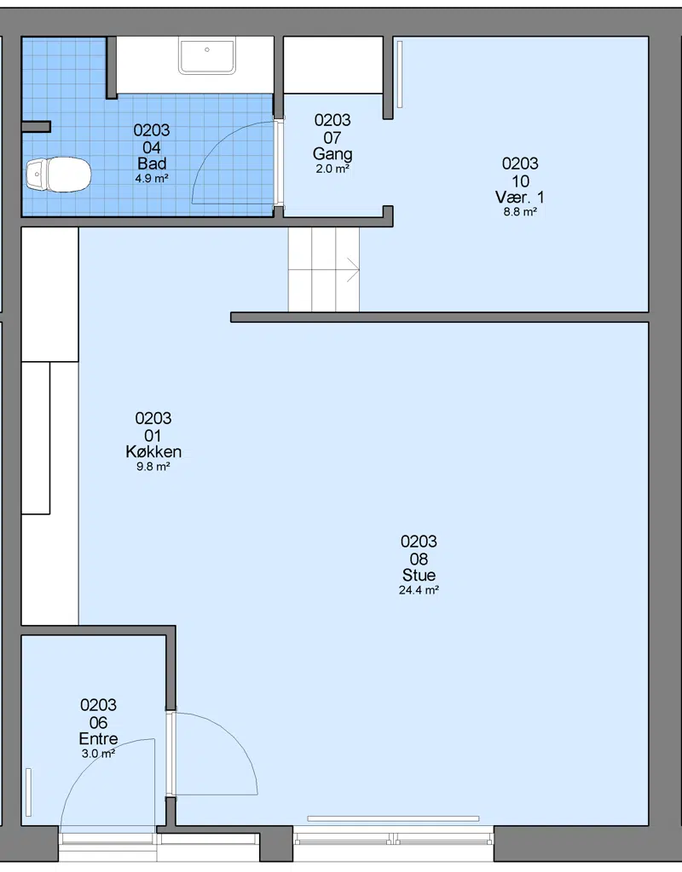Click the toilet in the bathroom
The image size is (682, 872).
click(59, 174)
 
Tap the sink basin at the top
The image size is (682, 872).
click(207, 55)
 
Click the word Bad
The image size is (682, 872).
click(152, 163)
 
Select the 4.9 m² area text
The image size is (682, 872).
click(152, 179)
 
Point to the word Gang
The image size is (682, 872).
click(332, 154)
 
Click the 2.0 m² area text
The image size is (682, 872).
click(332, 169)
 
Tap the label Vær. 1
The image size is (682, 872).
click(520, 197)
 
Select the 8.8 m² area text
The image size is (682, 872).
click(520, 212)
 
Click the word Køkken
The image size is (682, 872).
click(153, 451)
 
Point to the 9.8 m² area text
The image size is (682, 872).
click(153, 467)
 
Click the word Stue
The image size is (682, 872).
click(419, 575)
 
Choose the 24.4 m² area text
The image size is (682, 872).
click(419, 590)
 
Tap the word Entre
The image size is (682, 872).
click(99, 738)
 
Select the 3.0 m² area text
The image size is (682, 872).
click(99, 754)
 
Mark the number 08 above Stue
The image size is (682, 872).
click(419, 559)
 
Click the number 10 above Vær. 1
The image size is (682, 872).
click(520, 181)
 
